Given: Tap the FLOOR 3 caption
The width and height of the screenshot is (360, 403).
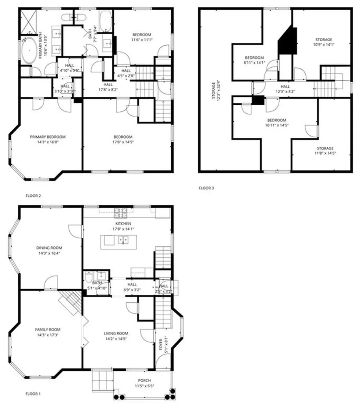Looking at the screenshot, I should coord(206,188).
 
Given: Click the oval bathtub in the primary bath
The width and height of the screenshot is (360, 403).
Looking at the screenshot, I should coord(29,52).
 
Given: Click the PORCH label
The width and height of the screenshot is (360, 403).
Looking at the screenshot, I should coord(144,380).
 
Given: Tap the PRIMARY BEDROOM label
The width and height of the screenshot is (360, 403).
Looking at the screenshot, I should coord(48,137).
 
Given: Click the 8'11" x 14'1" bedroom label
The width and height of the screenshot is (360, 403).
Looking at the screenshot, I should coord(254,57).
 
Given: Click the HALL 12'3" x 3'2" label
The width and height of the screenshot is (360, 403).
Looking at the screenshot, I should coord(285,87).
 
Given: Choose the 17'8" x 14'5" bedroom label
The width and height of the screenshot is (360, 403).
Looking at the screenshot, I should coord(122,137).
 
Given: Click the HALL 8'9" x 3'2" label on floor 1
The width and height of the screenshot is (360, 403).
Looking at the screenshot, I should coord(132,285).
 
